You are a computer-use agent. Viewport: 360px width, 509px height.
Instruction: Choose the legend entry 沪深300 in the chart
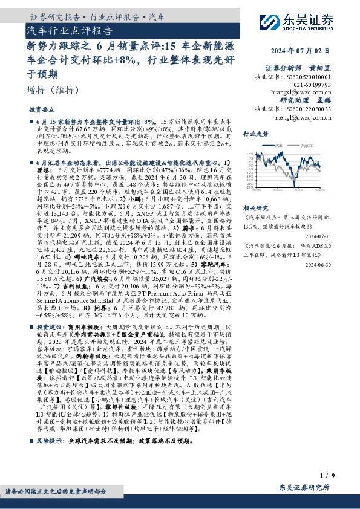pos(309,145)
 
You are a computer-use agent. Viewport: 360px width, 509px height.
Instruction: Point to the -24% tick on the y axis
pos(249,187)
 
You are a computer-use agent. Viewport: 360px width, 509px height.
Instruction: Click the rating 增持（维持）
pos(53,90)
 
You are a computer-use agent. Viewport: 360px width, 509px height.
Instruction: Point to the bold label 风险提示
pos(50,442)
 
